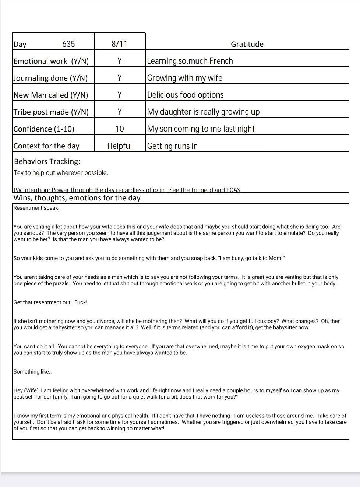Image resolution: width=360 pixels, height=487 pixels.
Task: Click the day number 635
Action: pos(68,44)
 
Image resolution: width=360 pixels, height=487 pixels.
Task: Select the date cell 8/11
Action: pos(119,44)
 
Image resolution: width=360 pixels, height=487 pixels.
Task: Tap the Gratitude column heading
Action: pos(247,44)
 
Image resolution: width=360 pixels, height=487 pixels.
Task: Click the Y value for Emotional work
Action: pos(120,61)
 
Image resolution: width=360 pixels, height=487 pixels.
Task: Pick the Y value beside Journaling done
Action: pos(120,78)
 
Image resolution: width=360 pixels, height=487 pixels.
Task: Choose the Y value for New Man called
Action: pos(120,95)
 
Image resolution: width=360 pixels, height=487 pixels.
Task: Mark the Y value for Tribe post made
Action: pos(120,112)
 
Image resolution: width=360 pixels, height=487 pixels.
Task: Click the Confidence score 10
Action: pos(120,129)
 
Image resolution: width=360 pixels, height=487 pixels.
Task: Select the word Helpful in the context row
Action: pos(120,146)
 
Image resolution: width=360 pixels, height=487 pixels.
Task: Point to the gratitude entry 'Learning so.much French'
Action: pos(190,61)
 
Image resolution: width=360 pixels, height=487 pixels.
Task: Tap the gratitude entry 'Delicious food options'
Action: pos(185,95)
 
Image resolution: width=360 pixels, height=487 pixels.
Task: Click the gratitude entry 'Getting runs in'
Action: pos(172,146)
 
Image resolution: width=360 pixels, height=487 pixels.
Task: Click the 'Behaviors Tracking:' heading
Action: pos(47,161)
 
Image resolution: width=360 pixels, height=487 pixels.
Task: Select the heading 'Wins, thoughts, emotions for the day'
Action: pos(77,198)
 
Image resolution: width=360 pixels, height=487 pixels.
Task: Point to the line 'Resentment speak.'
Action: pos(36,208)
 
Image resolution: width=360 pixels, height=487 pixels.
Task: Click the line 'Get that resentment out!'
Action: pos(50,302)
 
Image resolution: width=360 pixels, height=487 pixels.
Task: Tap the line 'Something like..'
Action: pos(33,372)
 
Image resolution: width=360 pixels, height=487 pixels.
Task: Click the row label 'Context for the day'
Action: pos(46,146)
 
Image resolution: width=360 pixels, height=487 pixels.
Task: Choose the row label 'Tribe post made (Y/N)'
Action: pos(51,112)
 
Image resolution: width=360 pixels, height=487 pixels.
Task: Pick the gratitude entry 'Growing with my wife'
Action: pos(185,78)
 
